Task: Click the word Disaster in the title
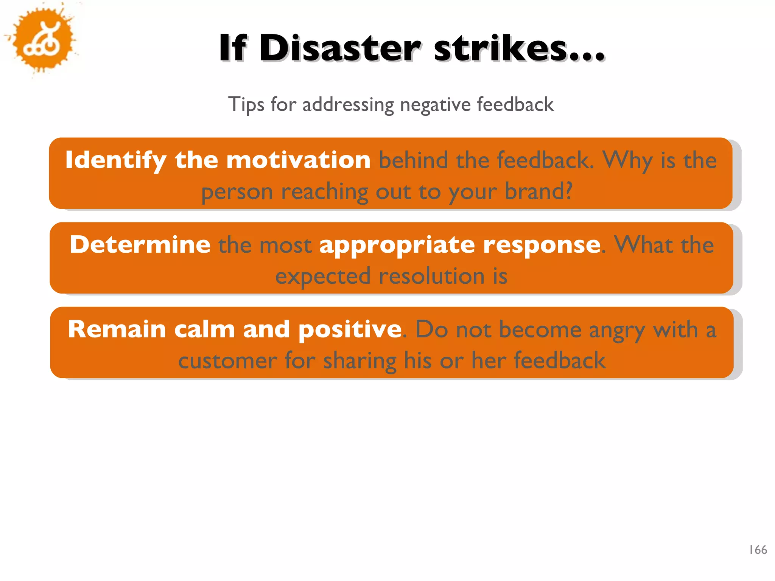pyautogui.click(x=339, y=48)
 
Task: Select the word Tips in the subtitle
pyautogui.click(x=246, y=104)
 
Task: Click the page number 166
pyautogui.click(x=758, y=550)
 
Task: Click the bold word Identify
pyautogui.click(x=116, y=160)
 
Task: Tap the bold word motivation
pyautogui.click(x=298, y=160)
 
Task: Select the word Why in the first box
pyautogui.click(x=627, y=160)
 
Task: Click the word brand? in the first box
pyautogui.click(x=539, y=191)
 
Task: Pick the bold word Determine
pyautogui.click(x=140, y=244)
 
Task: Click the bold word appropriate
pyautogui.click(x=397, y=245)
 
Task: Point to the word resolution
pyautogui.click(x=431, y=276)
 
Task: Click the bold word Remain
pyautogui.click(x=117, y=329)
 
